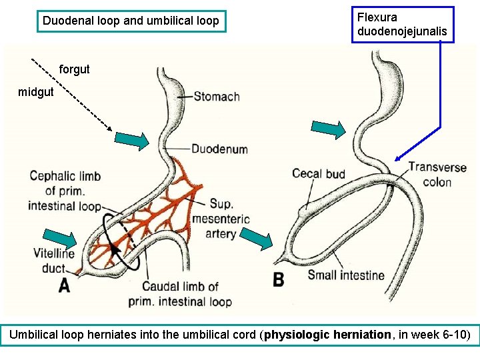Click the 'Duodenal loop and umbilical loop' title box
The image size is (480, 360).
coord(131,21)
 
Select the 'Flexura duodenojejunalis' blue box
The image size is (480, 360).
coord(403,25)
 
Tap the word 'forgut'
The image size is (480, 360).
coord(75,69)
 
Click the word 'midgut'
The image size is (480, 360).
coord(36,92)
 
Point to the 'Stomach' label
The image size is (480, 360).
coord(217,97)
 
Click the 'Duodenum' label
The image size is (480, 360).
coord(219,149)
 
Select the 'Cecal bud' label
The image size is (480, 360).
coord(319,174)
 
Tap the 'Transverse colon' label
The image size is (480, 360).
coord(437,175)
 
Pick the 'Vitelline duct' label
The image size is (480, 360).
coord(53,261)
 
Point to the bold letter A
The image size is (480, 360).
coord(64,285)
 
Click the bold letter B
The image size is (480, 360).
coord(279,279)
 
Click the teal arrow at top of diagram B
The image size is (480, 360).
coord(330,129)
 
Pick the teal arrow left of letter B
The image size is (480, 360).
coord(256,238)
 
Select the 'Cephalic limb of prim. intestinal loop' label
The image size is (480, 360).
coord(65,191)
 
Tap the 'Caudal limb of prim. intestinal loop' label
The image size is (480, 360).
coord(180,294)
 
